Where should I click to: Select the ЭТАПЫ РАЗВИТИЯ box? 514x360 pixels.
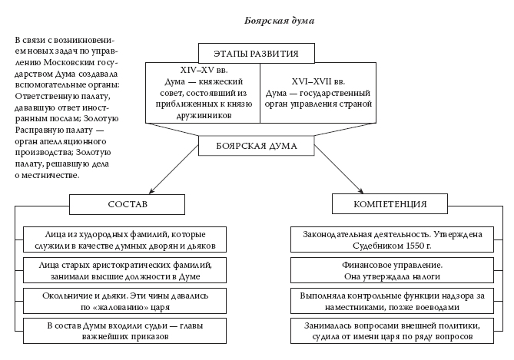click(257, 54)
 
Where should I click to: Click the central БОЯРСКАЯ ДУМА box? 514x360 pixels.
click(257, 144)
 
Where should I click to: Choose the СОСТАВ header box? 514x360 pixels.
click(127, 204)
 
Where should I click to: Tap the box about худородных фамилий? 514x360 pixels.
click(124, 239)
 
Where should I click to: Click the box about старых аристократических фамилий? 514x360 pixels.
click(124, 269)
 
